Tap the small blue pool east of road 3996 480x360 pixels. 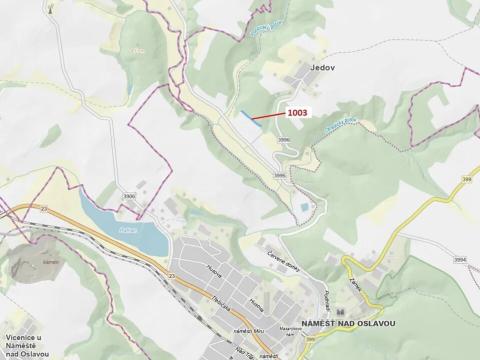pyautogui.click(x=301, y=205)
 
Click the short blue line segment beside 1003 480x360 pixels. pyautogui.click(x=247, y=114)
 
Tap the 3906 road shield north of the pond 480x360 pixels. pyautogui.click(x=129, y=198)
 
